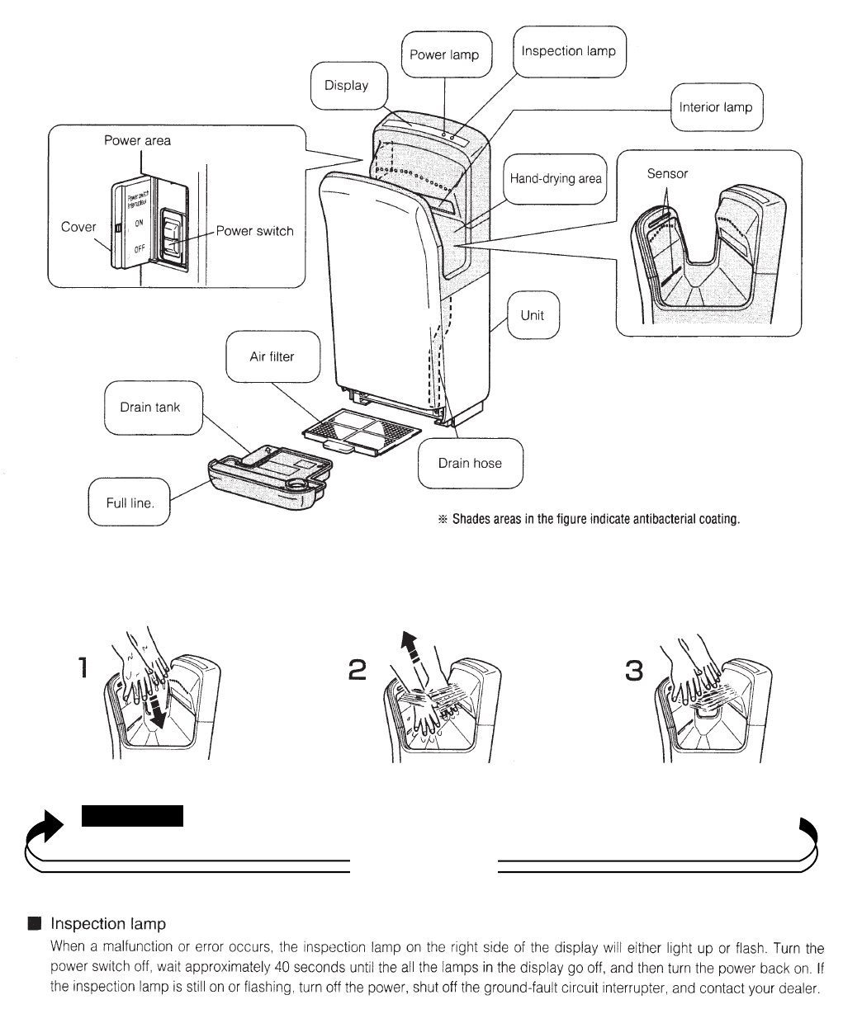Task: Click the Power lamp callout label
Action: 445,55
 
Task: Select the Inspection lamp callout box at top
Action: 568,51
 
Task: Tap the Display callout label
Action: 347,86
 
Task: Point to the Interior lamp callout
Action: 715,107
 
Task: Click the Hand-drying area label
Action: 556,178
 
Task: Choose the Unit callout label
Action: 533,315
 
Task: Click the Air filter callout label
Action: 272,357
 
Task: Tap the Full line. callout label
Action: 130,502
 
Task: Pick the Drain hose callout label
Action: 469,463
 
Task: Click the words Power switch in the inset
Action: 254,231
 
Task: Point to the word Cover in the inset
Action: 78,227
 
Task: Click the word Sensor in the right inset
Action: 667,174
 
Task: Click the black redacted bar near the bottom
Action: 132,815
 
